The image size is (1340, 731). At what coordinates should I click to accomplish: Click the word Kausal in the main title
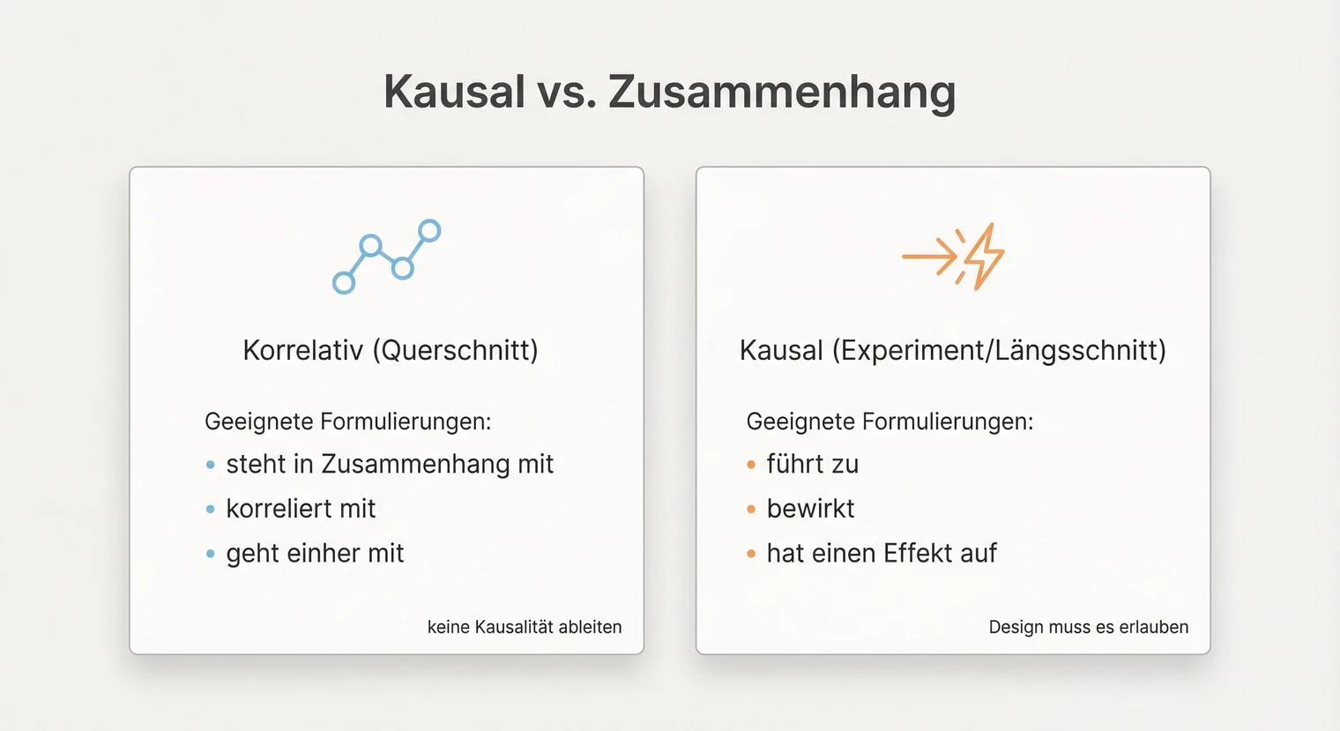454,92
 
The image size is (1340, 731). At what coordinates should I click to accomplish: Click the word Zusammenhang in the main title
782,92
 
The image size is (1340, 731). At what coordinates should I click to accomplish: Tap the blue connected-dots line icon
386,257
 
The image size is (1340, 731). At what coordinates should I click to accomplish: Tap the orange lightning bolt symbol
983,257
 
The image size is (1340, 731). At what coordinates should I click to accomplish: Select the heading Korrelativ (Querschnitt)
390,350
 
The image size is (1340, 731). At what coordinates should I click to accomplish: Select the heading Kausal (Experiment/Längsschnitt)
952,350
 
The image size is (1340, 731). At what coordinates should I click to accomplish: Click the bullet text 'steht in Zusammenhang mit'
390,464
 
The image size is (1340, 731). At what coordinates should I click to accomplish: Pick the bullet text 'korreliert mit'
301,509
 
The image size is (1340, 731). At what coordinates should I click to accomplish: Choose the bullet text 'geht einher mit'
315,554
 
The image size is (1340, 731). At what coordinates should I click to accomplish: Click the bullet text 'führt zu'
812,464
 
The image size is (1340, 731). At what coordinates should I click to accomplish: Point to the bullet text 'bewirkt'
810,509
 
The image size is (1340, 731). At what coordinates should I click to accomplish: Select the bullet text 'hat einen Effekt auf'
882,554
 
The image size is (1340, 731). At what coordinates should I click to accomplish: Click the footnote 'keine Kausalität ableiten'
525,627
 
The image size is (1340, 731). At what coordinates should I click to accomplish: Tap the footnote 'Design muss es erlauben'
1088,627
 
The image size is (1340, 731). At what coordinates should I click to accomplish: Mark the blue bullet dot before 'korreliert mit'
210,509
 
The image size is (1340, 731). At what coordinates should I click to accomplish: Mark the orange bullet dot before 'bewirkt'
751,509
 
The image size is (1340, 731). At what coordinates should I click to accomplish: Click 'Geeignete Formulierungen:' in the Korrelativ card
347,421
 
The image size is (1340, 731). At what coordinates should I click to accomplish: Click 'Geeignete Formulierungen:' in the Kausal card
890,421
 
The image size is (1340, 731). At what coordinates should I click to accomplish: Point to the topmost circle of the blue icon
429,231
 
